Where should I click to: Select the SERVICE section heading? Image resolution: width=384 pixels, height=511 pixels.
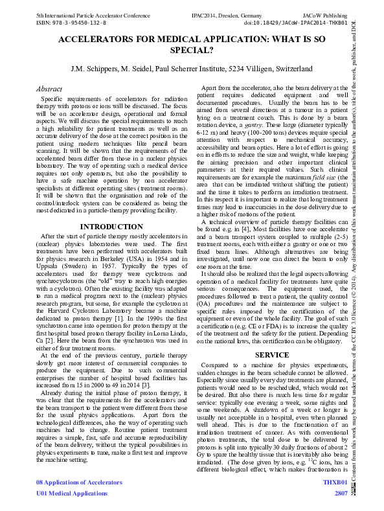271,356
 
